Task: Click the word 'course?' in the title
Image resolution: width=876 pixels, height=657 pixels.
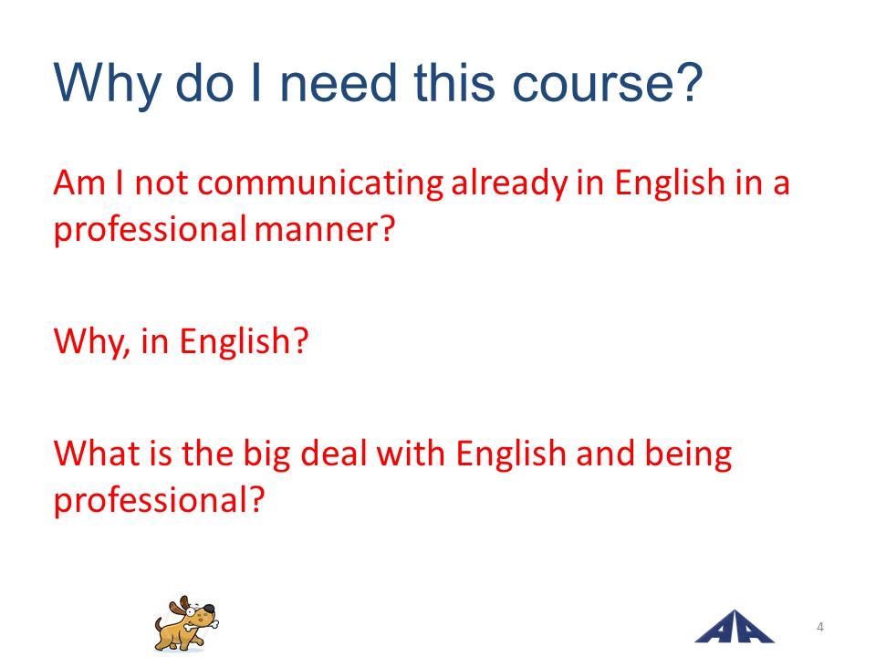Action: click(608, 83)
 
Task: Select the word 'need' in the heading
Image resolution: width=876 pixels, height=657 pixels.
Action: click(338, 83)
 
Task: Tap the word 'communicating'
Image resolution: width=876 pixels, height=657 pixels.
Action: click(320, 183)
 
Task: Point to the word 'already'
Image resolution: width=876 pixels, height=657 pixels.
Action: click(509, 183)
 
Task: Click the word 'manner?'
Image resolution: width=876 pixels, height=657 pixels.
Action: click(325, 229)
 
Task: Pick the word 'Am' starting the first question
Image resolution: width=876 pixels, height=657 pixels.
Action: click(79, 182)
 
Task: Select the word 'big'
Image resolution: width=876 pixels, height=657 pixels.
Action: click(267, 454)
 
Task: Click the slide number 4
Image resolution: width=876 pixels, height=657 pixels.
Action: click(819, 627)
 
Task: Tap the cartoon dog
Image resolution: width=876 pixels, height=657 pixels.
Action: click(186, 623)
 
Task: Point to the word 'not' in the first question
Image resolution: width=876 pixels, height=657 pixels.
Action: click(162, 183)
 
